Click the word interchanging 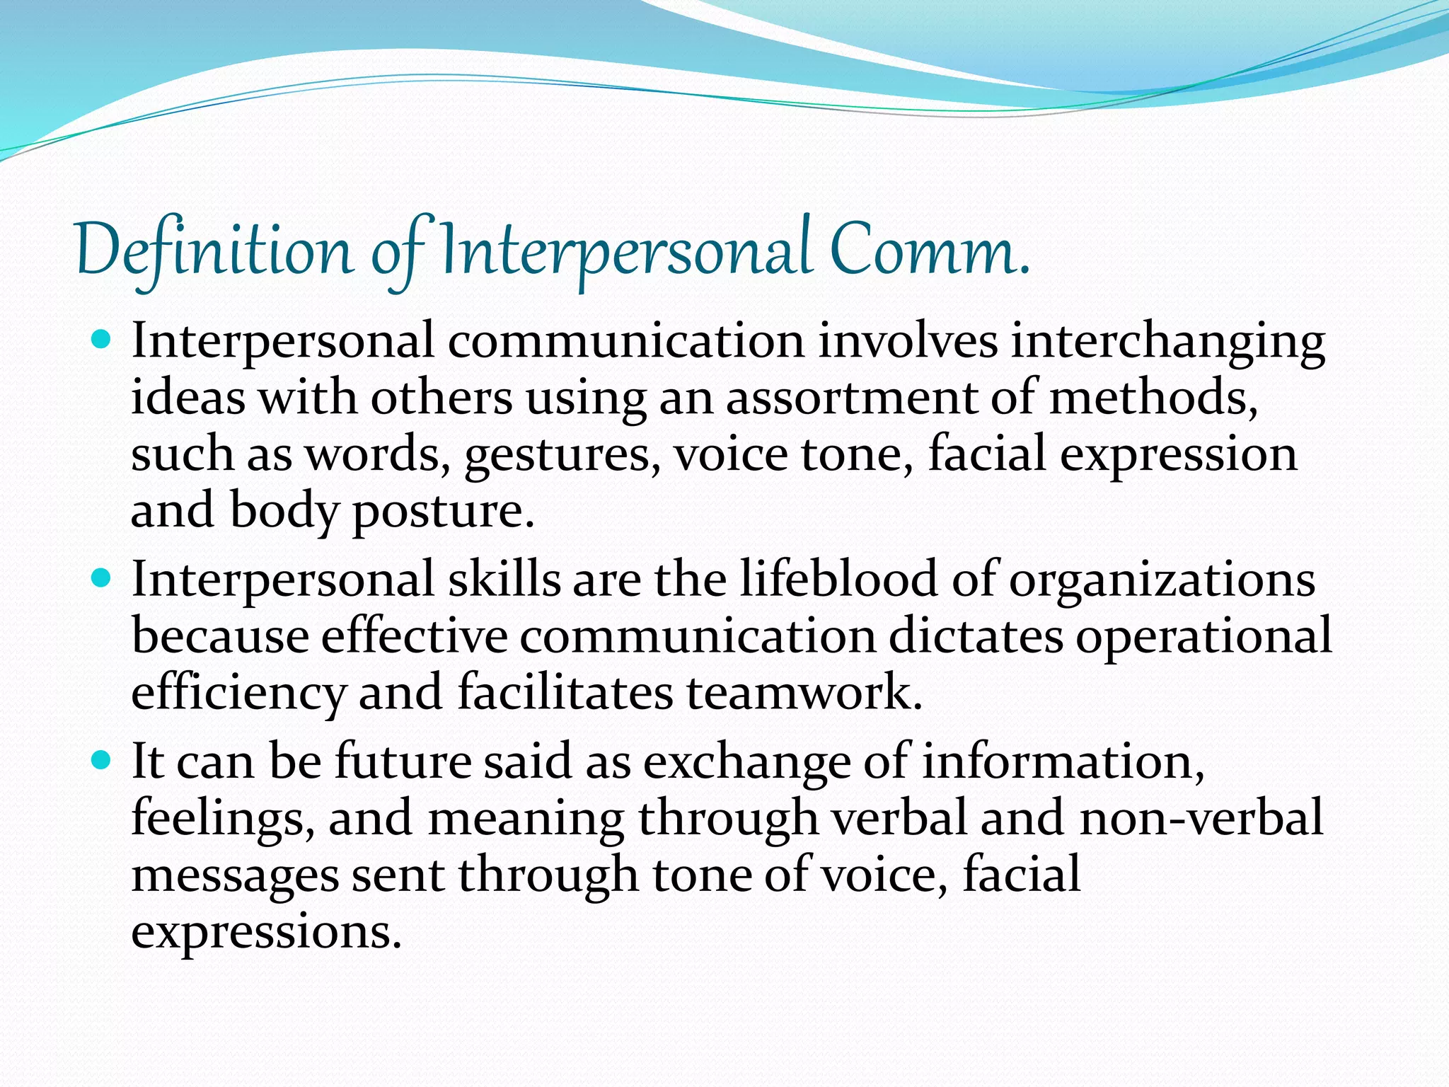(x=1167, y=342)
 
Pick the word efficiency (x=238, y=693)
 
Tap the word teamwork (x=804, y=691)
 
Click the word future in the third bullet (x=403, y=761)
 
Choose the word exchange (x=746, y=763)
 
